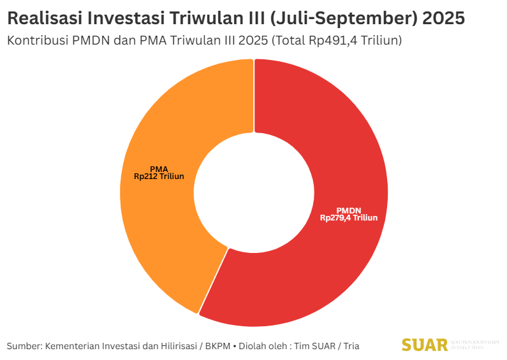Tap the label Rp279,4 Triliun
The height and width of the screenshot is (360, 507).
coord(349,218)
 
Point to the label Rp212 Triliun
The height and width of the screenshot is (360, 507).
coord(159,176)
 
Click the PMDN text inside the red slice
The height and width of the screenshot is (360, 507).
coord(349,210)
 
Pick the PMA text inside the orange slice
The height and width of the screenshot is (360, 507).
coord(159,169)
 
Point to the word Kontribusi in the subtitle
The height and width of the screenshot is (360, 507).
coord(36,40)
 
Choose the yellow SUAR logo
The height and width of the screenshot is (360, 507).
coord(424,345)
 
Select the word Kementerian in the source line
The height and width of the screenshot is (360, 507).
coord(71,346)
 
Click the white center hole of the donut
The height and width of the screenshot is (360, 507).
coord(254,192)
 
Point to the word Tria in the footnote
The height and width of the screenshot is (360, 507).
coord(351,346)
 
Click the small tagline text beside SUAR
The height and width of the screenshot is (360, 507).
coord(475,345)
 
